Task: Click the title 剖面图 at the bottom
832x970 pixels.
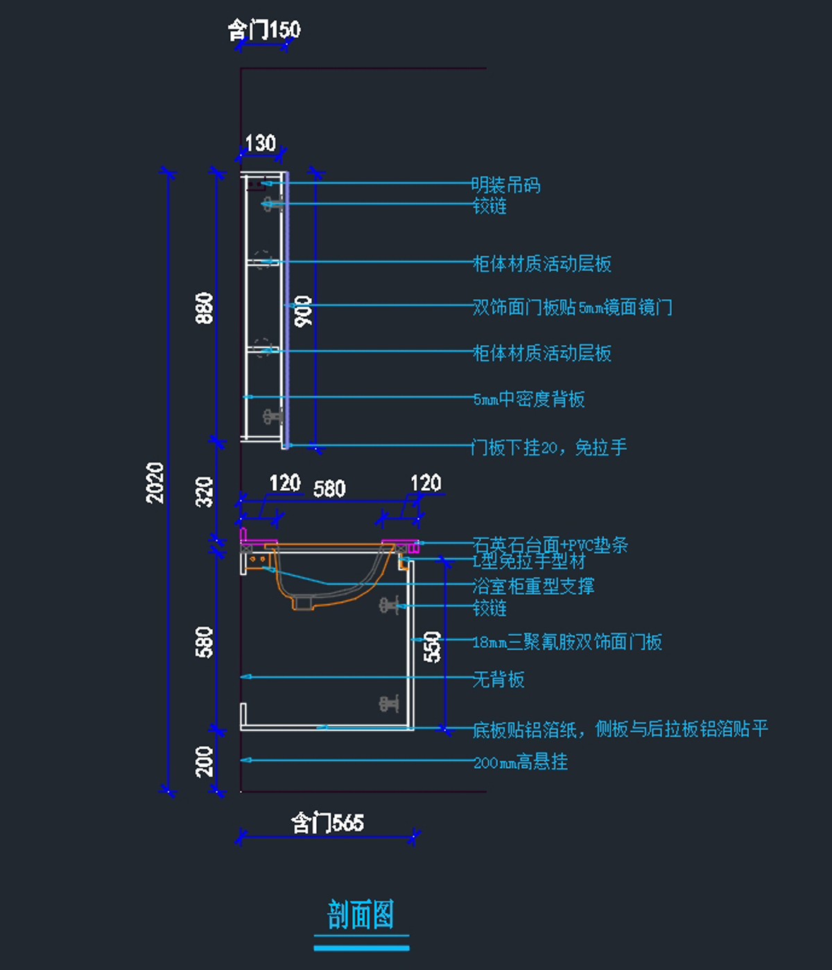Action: pos(361,915)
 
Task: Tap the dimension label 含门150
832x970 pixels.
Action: pos(264,30)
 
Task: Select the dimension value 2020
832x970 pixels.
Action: pos(155,482)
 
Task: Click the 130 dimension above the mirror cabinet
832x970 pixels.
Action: pos(261,144)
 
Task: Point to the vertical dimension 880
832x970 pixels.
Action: pos(204,308)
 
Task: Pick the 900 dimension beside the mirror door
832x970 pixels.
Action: pos(303,311)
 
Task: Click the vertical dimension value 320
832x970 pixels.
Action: pos(204,492)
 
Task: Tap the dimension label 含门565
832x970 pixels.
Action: pos(327,823)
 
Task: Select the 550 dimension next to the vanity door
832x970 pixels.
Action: pos(432,646)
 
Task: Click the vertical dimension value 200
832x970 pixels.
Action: pos(204,761)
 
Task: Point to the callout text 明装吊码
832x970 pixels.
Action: pos(506,185)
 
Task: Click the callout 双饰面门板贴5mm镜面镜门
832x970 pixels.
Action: pos(572,306)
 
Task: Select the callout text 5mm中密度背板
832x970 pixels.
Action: pos(529,399)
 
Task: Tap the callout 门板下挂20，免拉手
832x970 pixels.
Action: pos(549,447)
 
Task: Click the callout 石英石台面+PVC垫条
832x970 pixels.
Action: pos(551,544)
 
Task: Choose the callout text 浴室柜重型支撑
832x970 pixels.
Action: pos(533,586)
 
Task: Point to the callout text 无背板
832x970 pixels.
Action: pos(499,679)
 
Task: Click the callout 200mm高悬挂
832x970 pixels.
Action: pos(521,762)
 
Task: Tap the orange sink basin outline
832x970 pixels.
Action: pos(326,589)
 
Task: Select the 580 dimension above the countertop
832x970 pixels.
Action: pos(329,489)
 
